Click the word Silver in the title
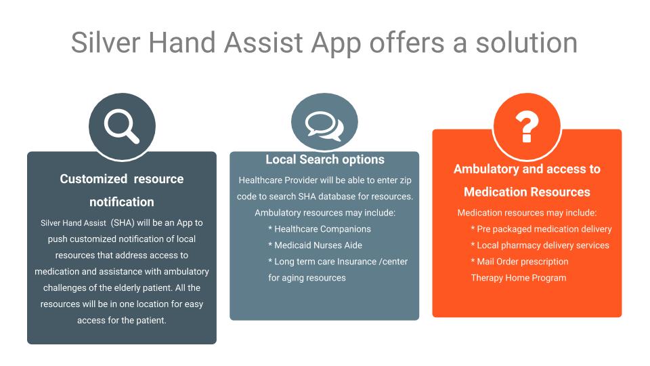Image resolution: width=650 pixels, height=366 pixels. pyautogui.click(x=106, y=42)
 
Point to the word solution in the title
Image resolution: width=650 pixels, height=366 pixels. pyautogui.click(x=527, y=42)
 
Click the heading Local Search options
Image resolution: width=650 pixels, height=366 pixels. pyautogui.click(x=325, y=159)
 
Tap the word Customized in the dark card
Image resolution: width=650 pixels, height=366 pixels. pyautogui.click(x=93, y=179)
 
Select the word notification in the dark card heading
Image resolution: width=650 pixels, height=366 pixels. pyautogui.click(x=122, y=202)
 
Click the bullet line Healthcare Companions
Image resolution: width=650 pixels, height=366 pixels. pyautogui.click(x=320, y=229)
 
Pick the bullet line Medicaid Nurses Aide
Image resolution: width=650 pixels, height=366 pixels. pyautogui.click(x=315, y=245)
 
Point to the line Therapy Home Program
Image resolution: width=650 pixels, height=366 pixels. pyautogui.click(x=519, y=278)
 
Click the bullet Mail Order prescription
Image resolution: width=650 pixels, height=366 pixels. pyautogui.click(x=520, y=262)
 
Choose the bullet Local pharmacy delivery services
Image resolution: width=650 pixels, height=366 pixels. pyautogui.click(x=540, y=245)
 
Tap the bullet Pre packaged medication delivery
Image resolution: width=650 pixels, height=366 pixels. pyautogui.click(x=542, y=229)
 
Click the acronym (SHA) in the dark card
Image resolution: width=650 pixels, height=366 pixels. pyautogui.click(x=123, y=223)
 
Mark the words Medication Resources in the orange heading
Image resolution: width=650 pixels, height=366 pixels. pyautogui.click(x=527, y=192)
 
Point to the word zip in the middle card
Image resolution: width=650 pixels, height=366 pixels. pyautogui.click(x=406, y=180)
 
